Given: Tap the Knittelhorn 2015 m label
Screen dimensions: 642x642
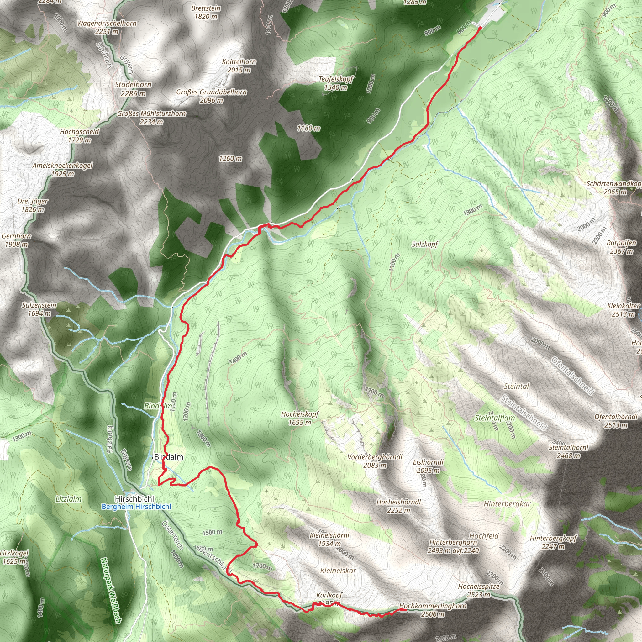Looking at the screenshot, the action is click(x=239, y=66).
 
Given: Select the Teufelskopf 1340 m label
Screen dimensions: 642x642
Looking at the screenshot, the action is click(x=336, y=83).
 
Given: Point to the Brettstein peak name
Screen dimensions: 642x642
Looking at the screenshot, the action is click(x=206, y=8).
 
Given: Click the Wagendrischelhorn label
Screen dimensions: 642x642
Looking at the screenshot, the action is click(x=107, y=23).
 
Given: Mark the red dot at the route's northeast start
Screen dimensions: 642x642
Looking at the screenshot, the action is click(x=480, y=29).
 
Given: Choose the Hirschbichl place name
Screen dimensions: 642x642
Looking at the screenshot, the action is click(x=134, y=499).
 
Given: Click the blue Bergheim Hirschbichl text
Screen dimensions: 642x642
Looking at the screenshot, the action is click(x=136, y=507).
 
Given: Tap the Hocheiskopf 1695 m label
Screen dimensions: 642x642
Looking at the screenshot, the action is click(x=300, y=418).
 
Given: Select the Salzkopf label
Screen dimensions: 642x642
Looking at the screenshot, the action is click(x=425, y=244).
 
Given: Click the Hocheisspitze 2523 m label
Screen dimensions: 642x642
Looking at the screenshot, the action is click(x=478, y=590).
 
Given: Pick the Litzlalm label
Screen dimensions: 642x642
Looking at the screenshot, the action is click(x=68, y=499).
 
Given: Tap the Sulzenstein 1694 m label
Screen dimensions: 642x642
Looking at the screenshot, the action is click(x=39, y=309).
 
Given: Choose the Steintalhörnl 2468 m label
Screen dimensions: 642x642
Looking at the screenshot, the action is click(x=568, y=451).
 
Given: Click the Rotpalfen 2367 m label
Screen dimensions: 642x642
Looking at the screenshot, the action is click(x=621, y=247).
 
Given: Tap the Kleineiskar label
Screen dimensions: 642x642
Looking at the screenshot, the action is click(x=338, y=571).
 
